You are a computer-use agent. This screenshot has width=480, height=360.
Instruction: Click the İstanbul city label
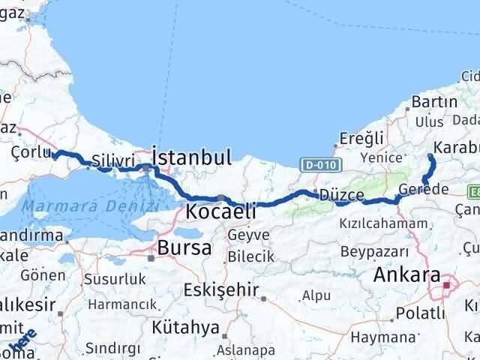coord(191,157)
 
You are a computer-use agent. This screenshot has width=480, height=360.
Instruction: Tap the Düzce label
coord(342,195)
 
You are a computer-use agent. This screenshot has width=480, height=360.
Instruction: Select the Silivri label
coord(113,160)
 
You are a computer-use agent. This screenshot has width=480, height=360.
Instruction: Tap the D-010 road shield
coord(323,163)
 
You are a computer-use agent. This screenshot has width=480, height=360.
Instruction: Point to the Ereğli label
coord(361,137)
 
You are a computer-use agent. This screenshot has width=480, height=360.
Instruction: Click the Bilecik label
coord(250,256)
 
